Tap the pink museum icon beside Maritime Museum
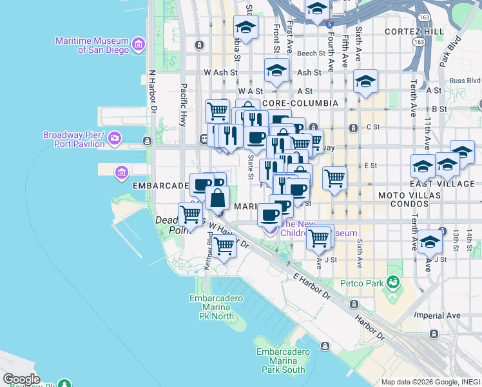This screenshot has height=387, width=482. point(138,45)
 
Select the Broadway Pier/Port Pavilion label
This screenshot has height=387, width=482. point(73,139)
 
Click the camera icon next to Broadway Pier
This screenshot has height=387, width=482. point(115,138)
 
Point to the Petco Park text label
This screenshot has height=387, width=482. point(361,283)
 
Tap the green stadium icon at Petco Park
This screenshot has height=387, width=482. point(392,283)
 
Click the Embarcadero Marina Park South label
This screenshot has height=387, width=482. point(280,361)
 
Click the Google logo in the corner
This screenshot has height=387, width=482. point(21,379)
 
